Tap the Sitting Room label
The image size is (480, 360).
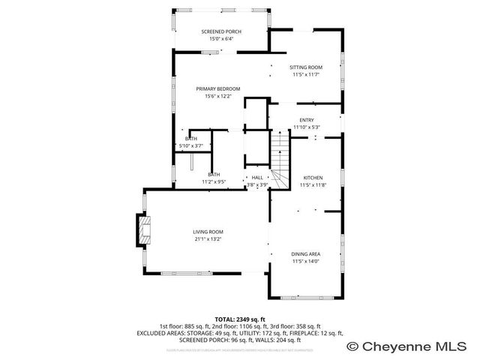pos(306,67)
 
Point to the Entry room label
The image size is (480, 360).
pos(307,120)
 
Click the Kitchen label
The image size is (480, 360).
pos(311,178)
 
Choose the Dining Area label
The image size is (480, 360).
pos(305,254)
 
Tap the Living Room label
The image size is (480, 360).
pos(208,232)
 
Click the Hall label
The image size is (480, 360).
pos(257,178)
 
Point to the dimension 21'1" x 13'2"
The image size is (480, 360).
pos(208,240)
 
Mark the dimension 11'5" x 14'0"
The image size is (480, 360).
pos(305,261)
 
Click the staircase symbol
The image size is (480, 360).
pos(279,161)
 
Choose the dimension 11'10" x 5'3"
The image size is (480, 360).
pos(307,127)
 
